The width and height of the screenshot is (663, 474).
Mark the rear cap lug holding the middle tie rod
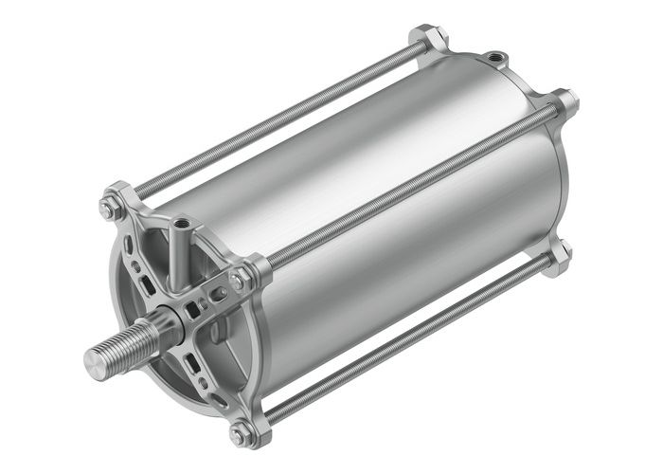pyautogui.click(x=565, y=101)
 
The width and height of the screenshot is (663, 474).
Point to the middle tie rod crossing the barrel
pyautogui.click(x=407, y=190)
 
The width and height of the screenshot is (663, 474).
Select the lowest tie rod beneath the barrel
pyautogui.click(x=407, y=341)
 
